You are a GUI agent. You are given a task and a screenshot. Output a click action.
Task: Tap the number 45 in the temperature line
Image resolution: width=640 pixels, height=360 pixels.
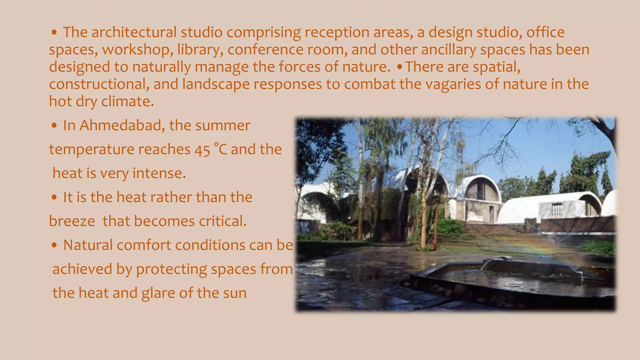pos(202,150)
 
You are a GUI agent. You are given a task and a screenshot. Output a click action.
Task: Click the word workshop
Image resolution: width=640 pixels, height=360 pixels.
pos(138,50)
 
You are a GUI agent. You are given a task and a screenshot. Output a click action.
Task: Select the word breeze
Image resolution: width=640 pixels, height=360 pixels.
pos(72,222)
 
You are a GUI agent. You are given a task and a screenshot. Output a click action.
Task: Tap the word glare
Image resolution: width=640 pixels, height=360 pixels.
pos(158,293)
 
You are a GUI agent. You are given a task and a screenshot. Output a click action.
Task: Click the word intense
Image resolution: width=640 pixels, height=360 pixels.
pos(159,173)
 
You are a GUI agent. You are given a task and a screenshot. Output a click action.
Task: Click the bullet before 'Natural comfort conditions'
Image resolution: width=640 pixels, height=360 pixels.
pos(54,246)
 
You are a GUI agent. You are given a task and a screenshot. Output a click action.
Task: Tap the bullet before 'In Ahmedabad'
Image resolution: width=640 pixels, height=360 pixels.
pos(54,126)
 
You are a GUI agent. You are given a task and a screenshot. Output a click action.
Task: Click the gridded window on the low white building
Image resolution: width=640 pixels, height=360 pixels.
pos(557,209)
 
